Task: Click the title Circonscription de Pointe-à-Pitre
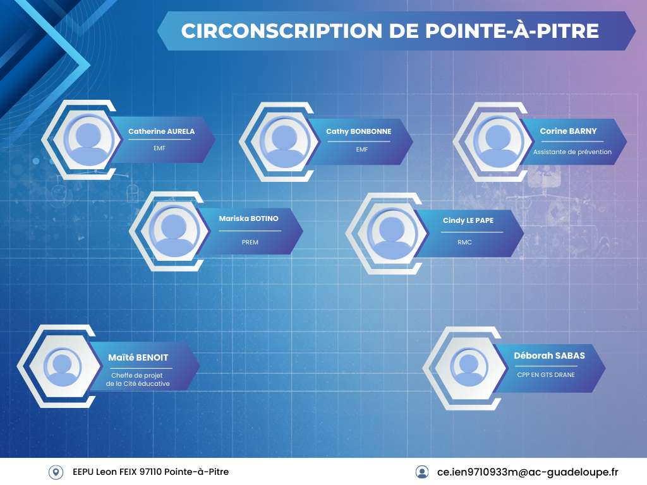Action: click(390, 31)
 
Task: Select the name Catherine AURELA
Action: click(161, 131)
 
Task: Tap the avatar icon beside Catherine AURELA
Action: click(88, 140)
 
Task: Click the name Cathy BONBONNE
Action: click(359, 131)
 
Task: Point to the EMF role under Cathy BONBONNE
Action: click(362, 150)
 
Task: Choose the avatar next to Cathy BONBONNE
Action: click(284, 142)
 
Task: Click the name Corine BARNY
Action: click(568, 131)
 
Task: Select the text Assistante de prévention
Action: click(572, 152)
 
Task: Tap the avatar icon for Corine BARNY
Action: click(498, 141)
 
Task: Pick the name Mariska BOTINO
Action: click(248, 219)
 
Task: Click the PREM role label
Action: click(250, 242)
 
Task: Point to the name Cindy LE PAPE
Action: click(468, 220)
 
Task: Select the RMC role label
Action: click(464, 242)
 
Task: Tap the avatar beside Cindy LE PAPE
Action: click(392, 234)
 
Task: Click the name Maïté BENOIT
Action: click(138, 357)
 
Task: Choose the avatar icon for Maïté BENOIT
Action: click(63, 367)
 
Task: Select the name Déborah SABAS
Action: click(549, 356)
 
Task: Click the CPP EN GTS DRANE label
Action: click(546, 375)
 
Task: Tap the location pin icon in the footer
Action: click(56, 472)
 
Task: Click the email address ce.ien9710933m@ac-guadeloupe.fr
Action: click(528, 472)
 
